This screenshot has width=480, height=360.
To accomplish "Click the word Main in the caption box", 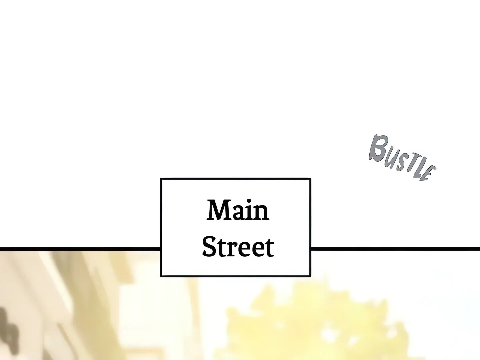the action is [238, 210].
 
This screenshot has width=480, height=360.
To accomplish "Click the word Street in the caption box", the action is [238, 247].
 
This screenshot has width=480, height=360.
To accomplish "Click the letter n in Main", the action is [262, 213].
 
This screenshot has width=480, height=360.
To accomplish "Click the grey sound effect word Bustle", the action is [402, 158].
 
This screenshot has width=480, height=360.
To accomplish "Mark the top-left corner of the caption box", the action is [161, 179].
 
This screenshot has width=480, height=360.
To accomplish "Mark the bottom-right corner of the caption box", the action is [311, 276].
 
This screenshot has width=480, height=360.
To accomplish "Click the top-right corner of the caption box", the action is [311, 179].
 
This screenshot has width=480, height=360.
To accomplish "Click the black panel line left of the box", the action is [80, 249].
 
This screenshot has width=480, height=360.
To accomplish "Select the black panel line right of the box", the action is [395, 249].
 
